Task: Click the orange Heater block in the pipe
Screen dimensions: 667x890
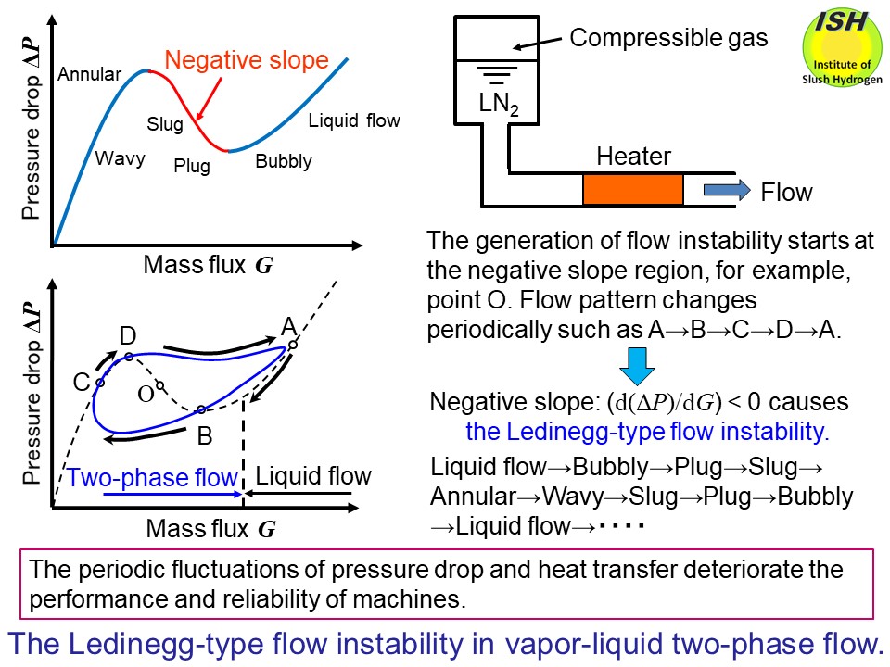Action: [632, 189]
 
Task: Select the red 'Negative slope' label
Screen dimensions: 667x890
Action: [247, 60]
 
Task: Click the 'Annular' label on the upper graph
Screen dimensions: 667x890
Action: [90, 75]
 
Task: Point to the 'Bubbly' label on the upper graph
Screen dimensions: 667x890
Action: [284, 162]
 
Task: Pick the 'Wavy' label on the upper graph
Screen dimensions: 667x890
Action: [121, 158]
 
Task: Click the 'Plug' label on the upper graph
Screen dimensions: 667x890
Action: [192, 167]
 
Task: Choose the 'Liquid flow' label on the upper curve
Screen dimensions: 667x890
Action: [354, 120]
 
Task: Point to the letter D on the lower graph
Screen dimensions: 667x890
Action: [128, 335]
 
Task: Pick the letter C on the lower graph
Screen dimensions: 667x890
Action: [82, 382]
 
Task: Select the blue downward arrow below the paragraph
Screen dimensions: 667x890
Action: [636, 365]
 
